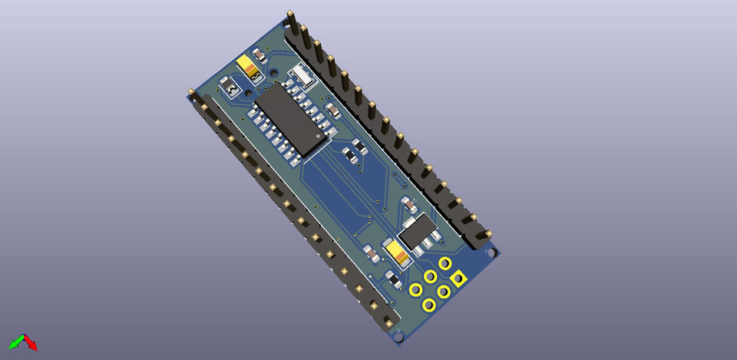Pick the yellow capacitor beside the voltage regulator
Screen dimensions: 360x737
(397, 251)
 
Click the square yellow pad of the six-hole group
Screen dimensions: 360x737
(458, 279)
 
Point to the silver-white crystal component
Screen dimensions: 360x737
(301, 74)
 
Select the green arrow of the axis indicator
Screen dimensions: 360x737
(15, 342)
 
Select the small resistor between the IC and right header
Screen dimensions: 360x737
(332, 111)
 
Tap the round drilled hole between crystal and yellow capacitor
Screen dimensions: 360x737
(274, 71)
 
